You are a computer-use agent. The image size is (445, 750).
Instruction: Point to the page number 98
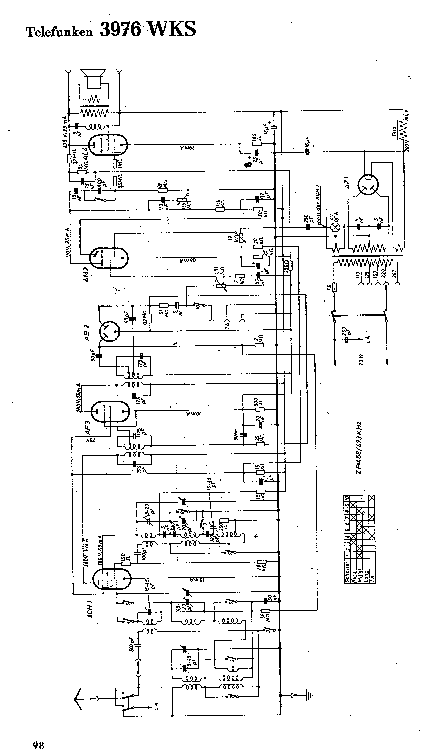[38, 736]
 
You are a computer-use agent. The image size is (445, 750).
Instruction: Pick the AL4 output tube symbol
[108, 145]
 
